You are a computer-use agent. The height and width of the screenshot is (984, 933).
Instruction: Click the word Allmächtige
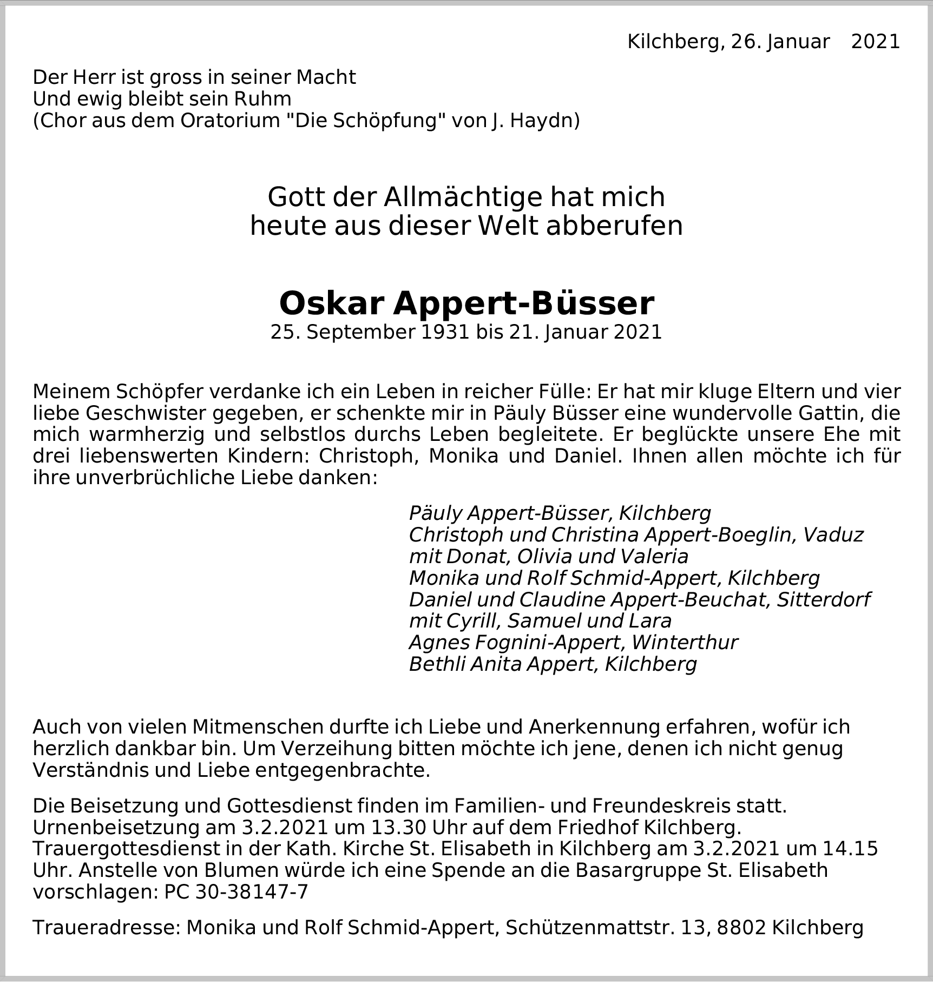tap(463, 197)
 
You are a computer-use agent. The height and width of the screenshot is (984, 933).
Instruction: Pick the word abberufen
tap(614, 226)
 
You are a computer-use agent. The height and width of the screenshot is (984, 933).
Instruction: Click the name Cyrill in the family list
tap(471, 620)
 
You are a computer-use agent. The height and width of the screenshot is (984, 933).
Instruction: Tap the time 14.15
tap(850, 849)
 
